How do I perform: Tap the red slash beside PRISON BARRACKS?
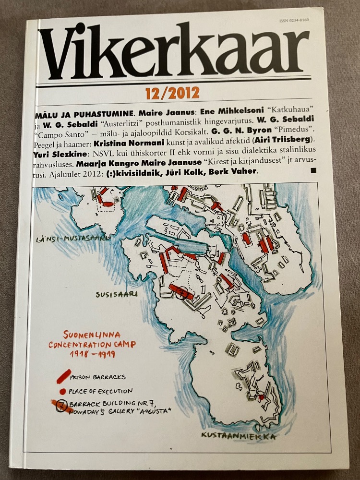[x=63, y=376]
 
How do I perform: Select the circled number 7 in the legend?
[x=61, y=406]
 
